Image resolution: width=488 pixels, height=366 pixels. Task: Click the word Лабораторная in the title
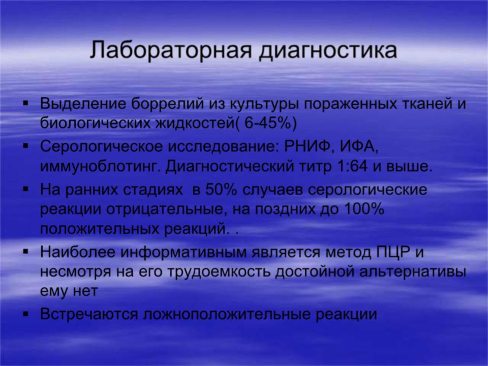pyautogui.click(x=170, y=50)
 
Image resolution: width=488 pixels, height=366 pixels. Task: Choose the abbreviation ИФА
pyautogui.click(x=358, y=146)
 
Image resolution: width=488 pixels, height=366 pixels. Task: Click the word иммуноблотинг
pyautogui.click(x=102, y=167)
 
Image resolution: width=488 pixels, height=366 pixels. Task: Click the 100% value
pyautogui.click(x=364, y=209)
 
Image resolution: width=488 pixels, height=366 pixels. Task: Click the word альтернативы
pyautogui.click(x=413, y=272)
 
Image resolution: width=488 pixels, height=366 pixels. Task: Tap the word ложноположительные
pyautogui.click(x=227, y=314)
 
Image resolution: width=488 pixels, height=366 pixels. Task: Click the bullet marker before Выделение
pyautogui.click(x=26, y=102)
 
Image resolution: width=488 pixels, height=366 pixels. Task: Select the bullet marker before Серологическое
pyautogui.click(x=26, y=145)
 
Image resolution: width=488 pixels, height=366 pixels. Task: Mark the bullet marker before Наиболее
pyautogui.click(x=26, y=251)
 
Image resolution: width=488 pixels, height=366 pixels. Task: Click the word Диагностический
pyautogui.click(x=230, y=167)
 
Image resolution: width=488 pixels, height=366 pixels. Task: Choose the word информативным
pyautogui.click(x=184, y=252)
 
